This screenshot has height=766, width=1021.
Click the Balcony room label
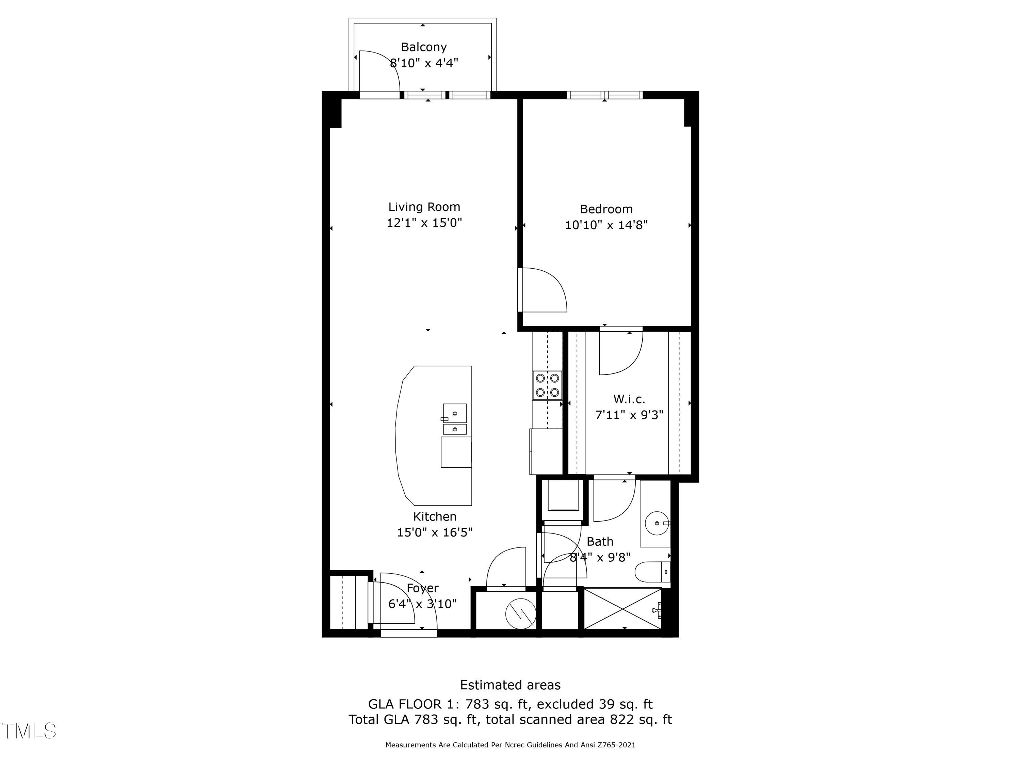point(423,47)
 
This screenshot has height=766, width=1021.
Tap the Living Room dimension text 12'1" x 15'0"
point(424,223)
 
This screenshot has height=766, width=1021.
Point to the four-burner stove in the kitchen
point(547,385)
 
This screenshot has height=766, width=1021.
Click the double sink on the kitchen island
point(455,419)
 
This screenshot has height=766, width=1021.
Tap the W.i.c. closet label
point(629,399)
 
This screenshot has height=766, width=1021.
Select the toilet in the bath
point(652,572)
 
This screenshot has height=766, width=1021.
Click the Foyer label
point(422,588)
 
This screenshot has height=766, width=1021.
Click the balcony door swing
point(380,71)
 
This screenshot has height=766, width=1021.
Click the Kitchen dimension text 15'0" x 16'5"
point(434,532)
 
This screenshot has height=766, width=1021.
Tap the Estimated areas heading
point(510,685)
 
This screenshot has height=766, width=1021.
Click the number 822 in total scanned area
point(621,719)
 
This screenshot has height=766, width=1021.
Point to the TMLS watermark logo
point(29,731)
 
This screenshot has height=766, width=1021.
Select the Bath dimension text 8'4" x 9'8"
point(600,557)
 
